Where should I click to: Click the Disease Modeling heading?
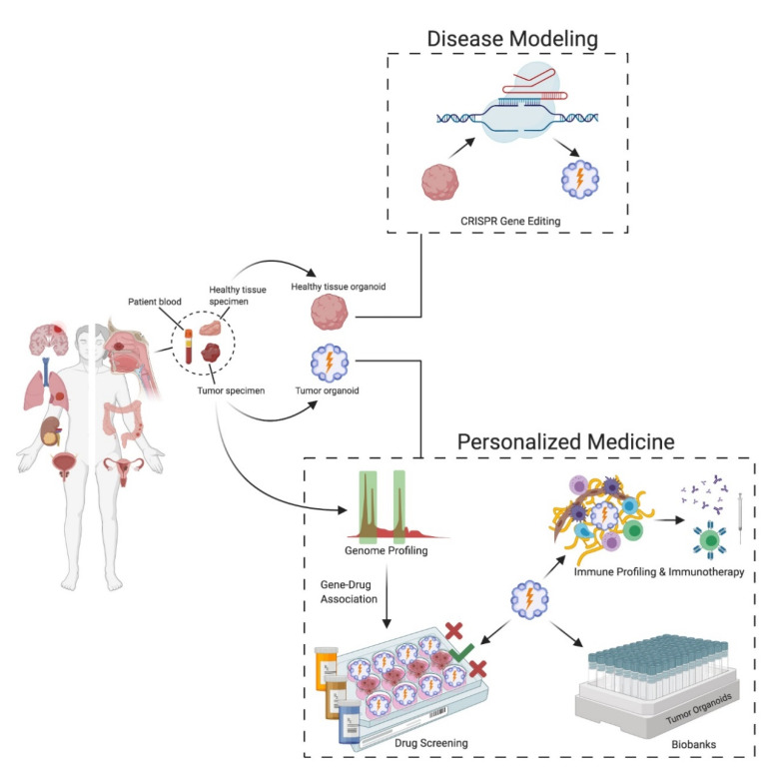(x=511, y=39)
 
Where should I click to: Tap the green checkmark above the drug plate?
(x=460, y=651)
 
